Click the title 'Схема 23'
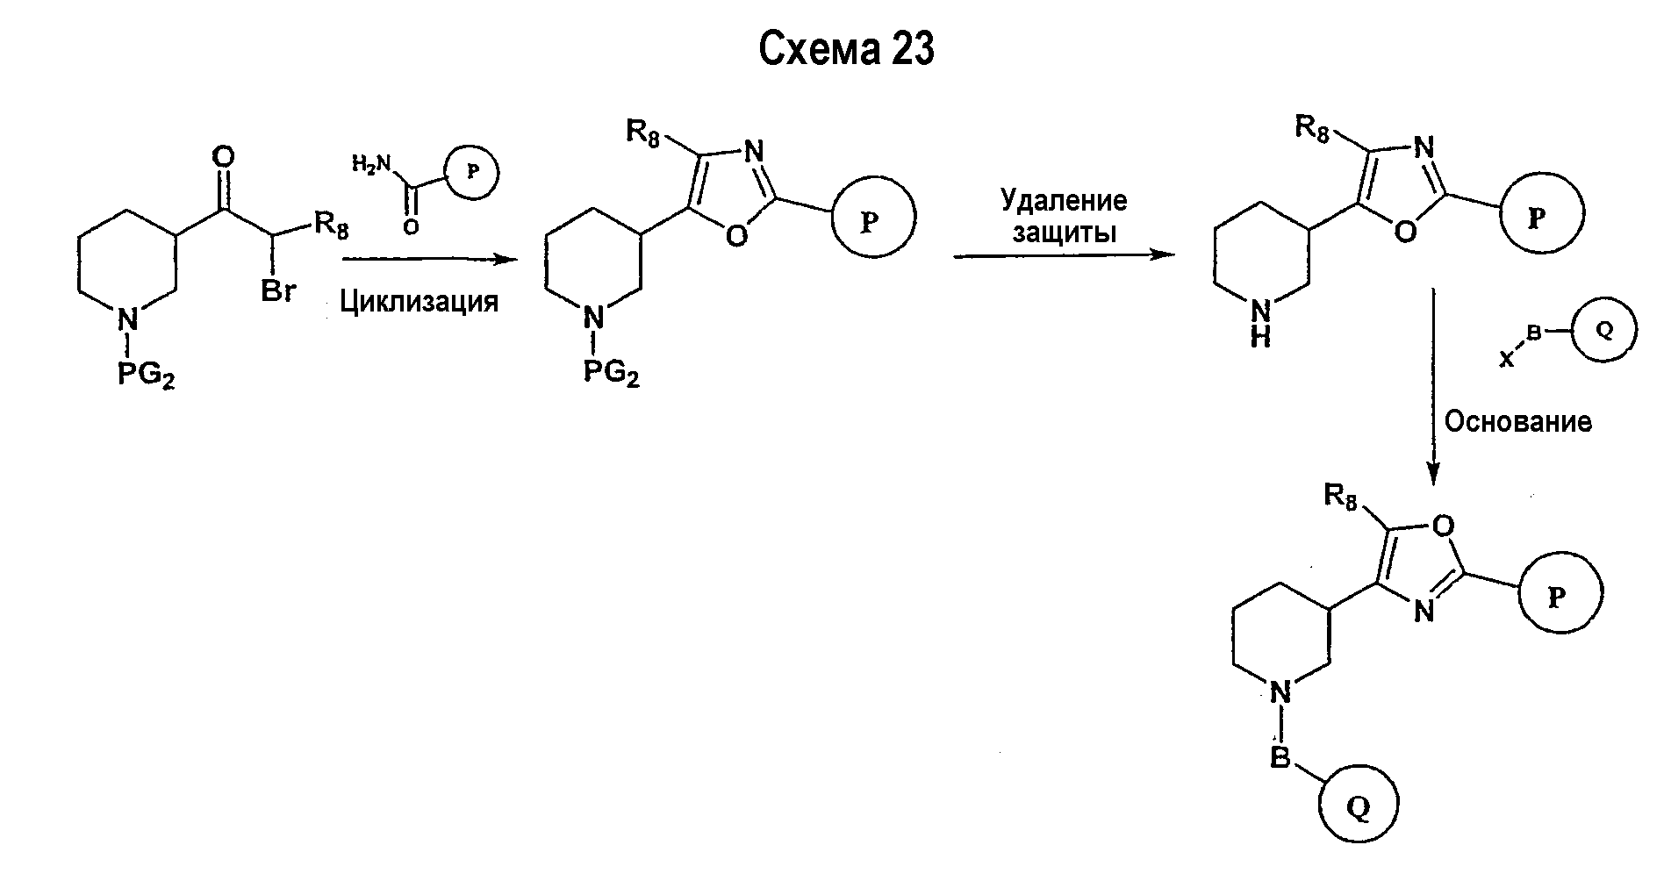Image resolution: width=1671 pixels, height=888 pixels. [x=846, y=49]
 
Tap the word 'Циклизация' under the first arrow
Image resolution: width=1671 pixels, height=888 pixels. [x=419, y=302]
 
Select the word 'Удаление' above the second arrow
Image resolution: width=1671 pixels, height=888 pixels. [x=1064, y=201]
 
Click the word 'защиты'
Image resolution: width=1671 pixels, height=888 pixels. [x=1065, y=233]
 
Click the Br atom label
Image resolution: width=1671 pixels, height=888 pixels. [x=278, y=291]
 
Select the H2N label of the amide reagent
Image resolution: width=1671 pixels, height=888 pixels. [x=370, y=163]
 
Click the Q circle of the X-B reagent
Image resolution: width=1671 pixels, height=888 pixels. [x=1603, y=330]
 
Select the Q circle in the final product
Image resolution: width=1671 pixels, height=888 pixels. [x=1358, y=809]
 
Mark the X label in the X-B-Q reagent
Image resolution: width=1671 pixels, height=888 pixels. [x=1506, y=359]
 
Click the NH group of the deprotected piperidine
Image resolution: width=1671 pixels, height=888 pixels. [x=1260, y=323]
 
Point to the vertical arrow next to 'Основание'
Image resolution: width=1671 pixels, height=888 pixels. [x=1432, y=387]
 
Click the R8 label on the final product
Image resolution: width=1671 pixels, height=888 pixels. [x=1339, y=498]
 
